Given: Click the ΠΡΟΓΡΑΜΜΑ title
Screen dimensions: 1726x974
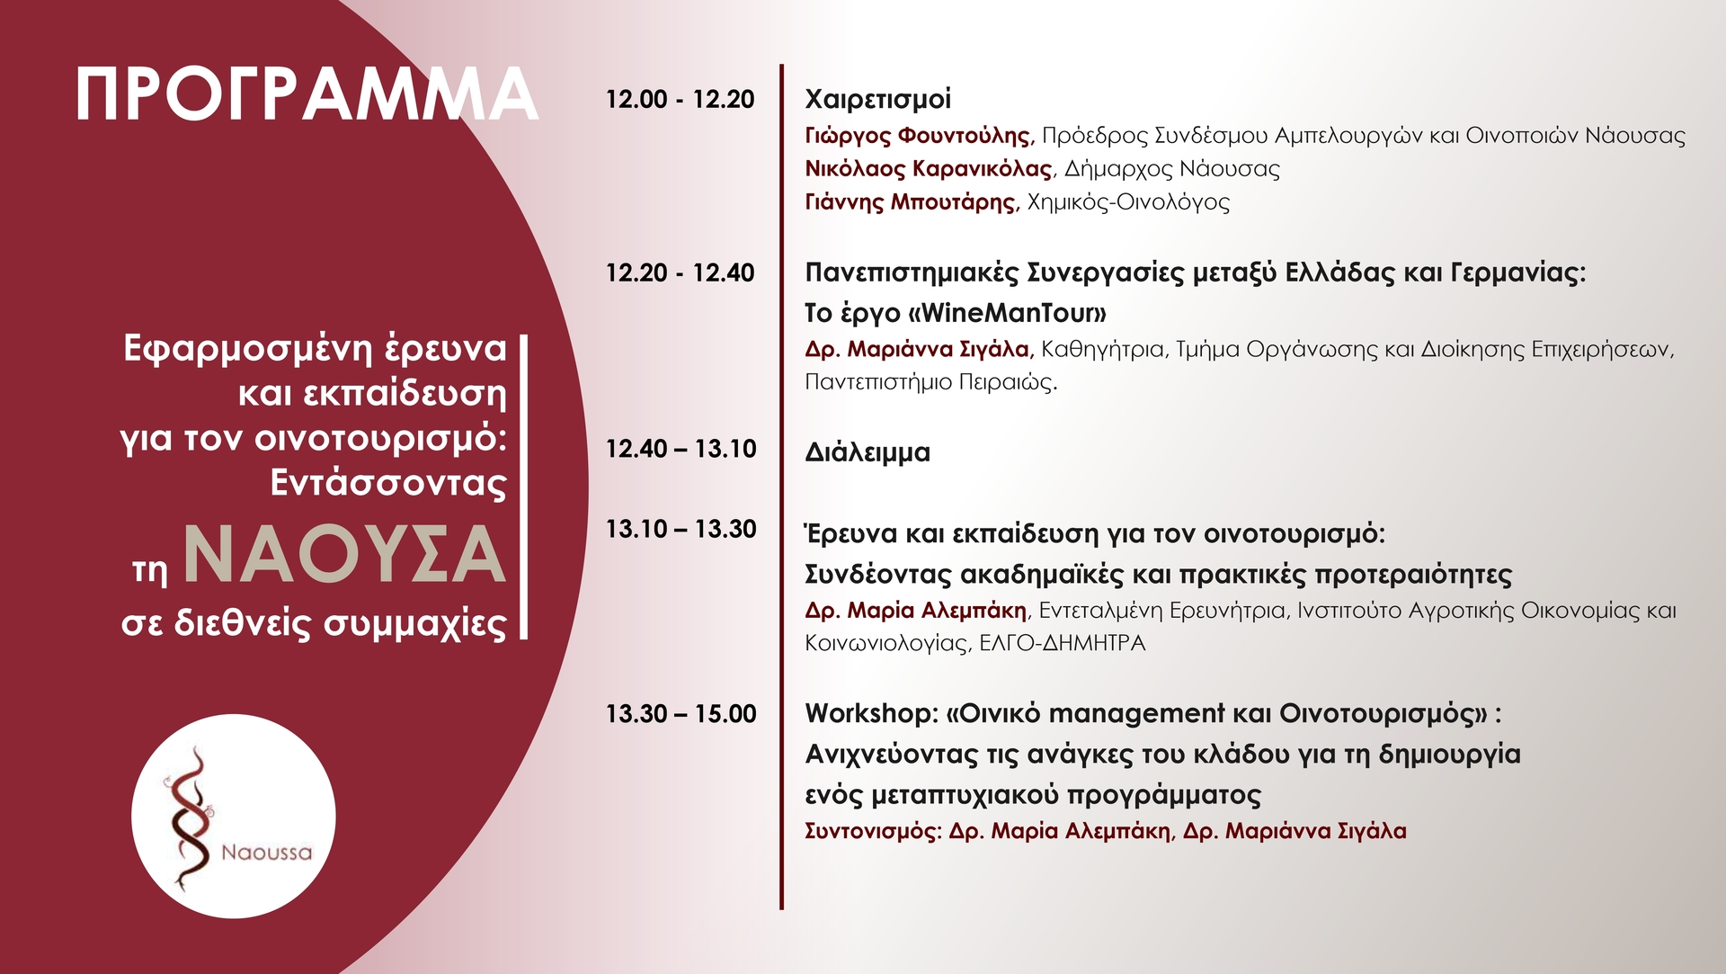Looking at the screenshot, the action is pyautogui.click(x=307, y=94).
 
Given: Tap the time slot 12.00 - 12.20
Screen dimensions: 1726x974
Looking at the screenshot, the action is pyautogui.click(x=680, y=99).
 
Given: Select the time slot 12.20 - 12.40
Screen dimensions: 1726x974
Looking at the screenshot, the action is pyautogui.click(x=680, y=273).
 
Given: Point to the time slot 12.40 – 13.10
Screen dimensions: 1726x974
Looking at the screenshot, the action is pyautogui.click(x=681, y=449).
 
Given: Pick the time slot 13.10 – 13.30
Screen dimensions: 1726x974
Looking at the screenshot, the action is pyautogui.click(x=681, y=529).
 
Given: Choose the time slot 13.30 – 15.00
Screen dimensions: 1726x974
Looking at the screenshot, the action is pyautogui.click(x=681, y=714).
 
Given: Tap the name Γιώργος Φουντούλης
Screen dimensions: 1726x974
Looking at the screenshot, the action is pyautogui.click(x=918, y=136).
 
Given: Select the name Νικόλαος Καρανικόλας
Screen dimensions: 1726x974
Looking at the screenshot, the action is pyautogui.click(x=929, y=169).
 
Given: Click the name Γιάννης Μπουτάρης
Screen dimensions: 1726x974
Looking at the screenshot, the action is pyautogui.click(x=910, y=202).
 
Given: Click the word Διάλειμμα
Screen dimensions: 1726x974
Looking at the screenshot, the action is pyautogui.click(x=867, y=451).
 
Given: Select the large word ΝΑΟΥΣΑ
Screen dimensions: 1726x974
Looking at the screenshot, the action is pyautogui.click(x=344, y=555).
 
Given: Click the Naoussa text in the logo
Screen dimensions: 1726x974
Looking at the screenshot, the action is pyautogui.click(x=267, y=853).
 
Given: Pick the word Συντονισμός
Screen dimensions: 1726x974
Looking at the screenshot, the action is pyautogui.click(x=870, y=831).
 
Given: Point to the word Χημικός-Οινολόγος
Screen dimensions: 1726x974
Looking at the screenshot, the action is pyautogui.click(x=1128, y=202).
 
